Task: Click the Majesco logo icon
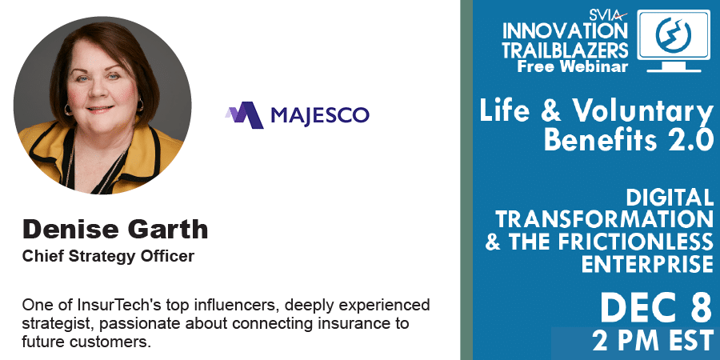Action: (244, 114)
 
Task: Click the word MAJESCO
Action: (320, 114)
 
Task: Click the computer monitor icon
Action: (673, 42)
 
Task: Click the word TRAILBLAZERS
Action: (566, 50)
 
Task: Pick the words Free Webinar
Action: (573, 66)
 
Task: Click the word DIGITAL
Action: (670, 198)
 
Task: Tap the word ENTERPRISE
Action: (648, 264)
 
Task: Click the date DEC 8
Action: (656, 308)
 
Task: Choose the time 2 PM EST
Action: (653, 342)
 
